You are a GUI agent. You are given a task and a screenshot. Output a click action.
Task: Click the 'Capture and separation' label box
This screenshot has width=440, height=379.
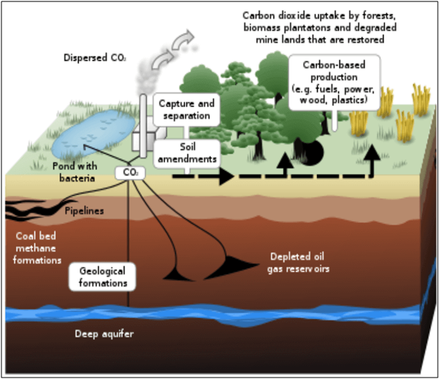(185, 109)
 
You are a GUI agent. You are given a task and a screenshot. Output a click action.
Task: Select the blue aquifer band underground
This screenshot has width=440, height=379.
(217, 316)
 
